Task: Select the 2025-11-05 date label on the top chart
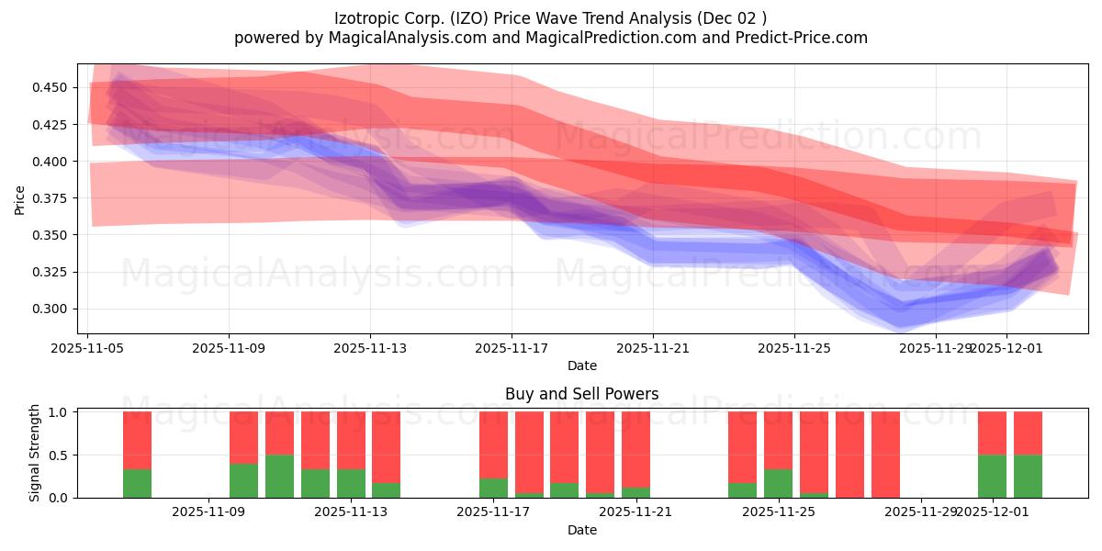click(x=87, y=348)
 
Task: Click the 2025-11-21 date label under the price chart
click(x=653, y=348)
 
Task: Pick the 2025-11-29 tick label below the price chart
click(x=935, y=348)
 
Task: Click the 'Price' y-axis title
click(x=20, y=198)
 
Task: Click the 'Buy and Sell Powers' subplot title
click(x=581, y=394)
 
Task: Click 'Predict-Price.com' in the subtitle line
click(x=799, y=38)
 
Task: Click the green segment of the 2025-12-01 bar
click(x=992, y=477)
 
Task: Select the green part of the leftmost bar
click(x=137, y=483)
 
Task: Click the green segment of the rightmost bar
click(x=1028, y=477)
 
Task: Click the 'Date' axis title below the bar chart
click(x=581, y=530)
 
